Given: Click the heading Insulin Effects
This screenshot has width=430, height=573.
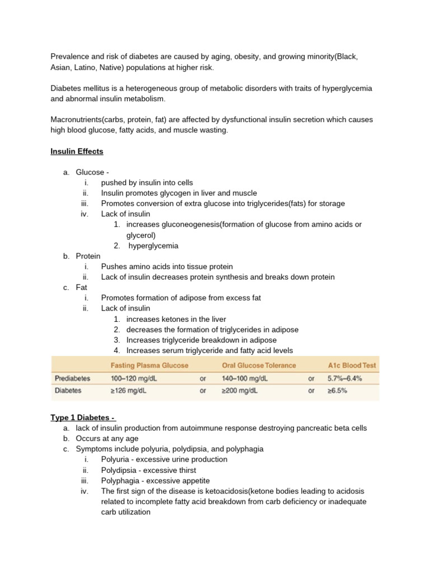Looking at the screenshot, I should pos(77,152).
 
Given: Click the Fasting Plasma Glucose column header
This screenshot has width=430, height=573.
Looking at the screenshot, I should pos(149,365).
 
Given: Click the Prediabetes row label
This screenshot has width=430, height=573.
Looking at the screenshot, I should pos(72,378).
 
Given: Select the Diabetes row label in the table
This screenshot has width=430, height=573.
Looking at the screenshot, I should pos(68,391).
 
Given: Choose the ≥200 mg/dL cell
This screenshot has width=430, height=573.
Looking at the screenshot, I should pos(238,391).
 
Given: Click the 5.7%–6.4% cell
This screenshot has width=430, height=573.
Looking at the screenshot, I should pos(344,378).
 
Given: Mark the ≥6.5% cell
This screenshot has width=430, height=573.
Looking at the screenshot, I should pos(337,391).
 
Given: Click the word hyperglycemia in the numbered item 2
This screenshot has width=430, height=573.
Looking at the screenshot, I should pos(153,246).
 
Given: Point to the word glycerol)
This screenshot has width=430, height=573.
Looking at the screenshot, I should pos(141,235).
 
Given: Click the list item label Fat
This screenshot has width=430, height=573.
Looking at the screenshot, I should pos(82,288).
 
